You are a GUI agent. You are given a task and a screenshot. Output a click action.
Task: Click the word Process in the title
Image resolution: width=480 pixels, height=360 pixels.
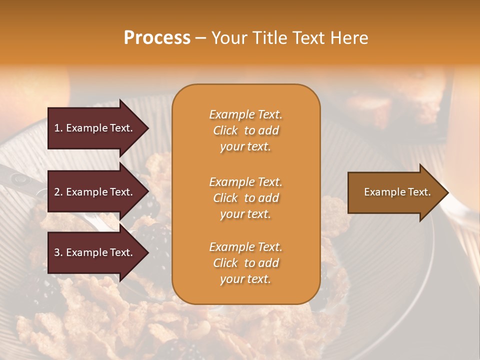tap(157, 38)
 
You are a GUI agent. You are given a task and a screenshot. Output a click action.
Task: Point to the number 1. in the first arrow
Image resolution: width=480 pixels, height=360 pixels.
tap(58, 128)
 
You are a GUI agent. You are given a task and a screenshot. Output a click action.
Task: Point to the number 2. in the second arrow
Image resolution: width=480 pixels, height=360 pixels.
tap(58, 192)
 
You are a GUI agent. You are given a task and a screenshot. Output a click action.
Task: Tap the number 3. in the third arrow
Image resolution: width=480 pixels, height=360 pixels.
tap(58, 252)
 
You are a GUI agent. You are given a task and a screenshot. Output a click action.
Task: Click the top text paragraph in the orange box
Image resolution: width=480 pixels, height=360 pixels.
tap(245, 130)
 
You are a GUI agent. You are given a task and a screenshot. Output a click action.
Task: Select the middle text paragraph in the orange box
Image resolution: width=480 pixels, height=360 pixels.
tap(245, 198)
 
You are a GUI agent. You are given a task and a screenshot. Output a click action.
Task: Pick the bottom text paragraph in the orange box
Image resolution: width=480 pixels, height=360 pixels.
tap(245, 263)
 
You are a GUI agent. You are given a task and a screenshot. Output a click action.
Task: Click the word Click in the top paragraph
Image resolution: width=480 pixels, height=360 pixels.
tap(225, 130)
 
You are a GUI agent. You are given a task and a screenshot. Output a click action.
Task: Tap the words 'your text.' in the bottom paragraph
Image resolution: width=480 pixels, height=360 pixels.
tap(245, 279)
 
